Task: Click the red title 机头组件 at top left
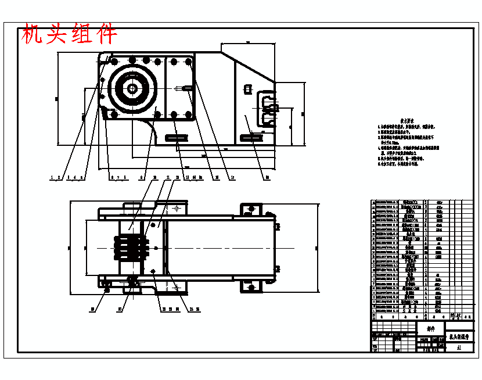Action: (x=69, y=34)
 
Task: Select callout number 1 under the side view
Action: (x=52, y=177)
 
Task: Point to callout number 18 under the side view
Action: (x=267, y=177)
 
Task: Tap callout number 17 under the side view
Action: (x=232, y=177)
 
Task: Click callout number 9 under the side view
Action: (x=142, y=177)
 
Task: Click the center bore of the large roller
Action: (x=132, y=88)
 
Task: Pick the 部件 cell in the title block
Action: (x=431, y=329)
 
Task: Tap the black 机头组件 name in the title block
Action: (x=459, y=336)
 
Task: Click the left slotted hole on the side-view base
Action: (x=175, y=138)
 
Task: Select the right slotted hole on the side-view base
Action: (x=251, y=138)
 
